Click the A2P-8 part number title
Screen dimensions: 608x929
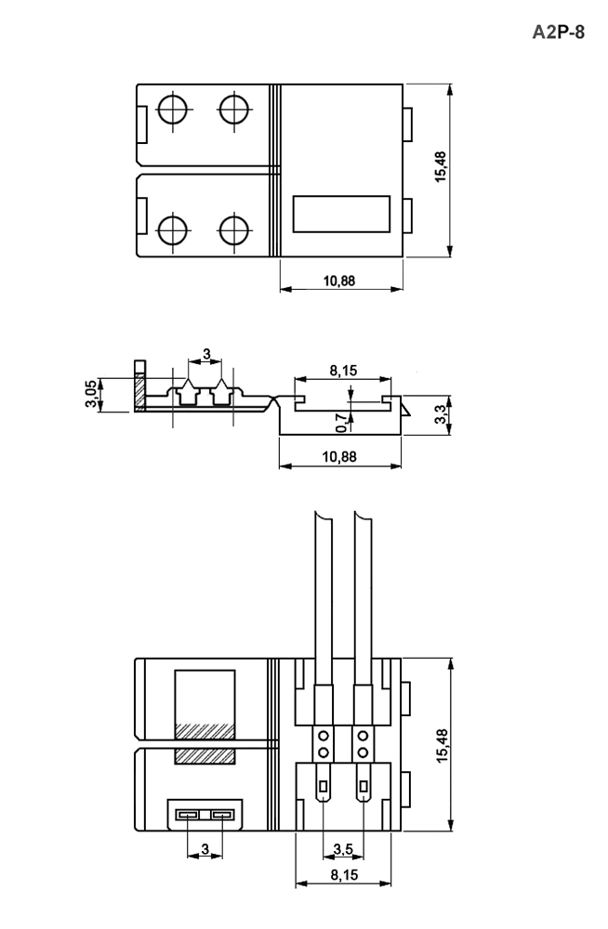(x=558, y=32)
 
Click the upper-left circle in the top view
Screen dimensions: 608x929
(x=173, y=110)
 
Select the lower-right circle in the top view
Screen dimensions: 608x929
(x=233, y=231)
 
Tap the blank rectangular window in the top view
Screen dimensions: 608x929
(x=342, y=214)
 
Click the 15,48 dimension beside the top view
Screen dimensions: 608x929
(x=441, y=166)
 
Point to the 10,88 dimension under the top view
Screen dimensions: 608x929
(x=339, y=281)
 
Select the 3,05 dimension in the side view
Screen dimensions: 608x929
(x=91, y=394)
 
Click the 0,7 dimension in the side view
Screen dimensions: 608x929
(x=342, y=423)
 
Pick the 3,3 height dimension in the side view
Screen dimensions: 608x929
(x=441, y=414)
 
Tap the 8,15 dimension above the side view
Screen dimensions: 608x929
(x=343, y=371)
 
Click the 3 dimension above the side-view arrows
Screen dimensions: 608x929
(x=206, y=354)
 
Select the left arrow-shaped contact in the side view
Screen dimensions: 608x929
(x=188, y=392)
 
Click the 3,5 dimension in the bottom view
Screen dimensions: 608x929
(x=343, y=850)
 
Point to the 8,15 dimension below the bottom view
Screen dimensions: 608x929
(x=344, y=875)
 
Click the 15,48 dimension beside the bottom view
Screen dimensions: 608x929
(x=443, y=745)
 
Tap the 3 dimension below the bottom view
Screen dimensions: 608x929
(x=205, y=849)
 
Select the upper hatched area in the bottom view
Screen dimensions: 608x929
(x=205, y=731)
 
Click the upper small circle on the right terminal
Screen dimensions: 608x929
(x=363, y=737)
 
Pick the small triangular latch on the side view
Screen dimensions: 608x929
(x=405, y=408)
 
